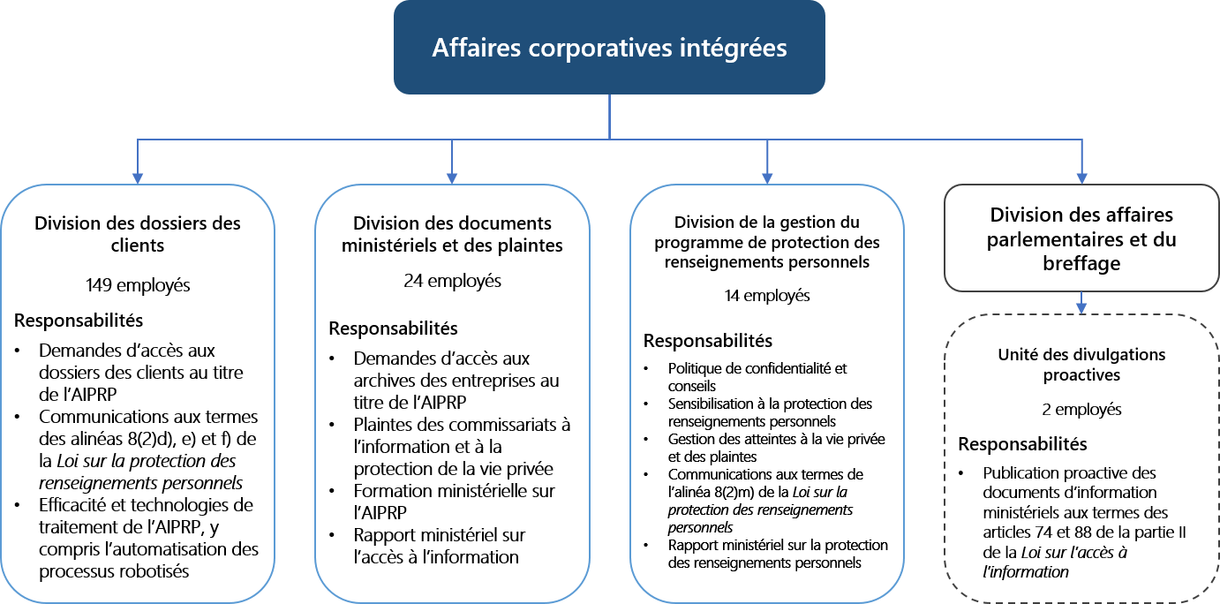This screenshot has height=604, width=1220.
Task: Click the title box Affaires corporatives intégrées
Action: pyautogui.click(x=609, y=48)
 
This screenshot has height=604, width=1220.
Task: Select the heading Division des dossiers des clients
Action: pyautogui.click(x=137, y=233)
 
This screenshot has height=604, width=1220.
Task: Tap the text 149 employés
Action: pyautogui.click(x=137, y=285)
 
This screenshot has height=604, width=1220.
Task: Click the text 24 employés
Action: pyautogui.click(x=452, y=282)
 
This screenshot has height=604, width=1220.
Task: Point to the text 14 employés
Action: pyautogui.click(x=766, y=296)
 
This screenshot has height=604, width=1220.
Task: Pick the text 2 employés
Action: pyautogui.click(x=1082, y=409)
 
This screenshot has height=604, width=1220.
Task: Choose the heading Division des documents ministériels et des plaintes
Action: pyautogui.click(x=452, y=234)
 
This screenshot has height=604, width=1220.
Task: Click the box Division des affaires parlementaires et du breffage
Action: pyautogui.click(x=1082, y=238)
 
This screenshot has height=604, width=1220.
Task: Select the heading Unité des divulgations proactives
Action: pyautogui.click(x=1082, y=365)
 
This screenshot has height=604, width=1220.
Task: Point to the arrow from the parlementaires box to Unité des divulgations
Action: pyautogui.click(x=1082, y=305)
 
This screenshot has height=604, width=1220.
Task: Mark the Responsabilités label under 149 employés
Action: pyautogui.click(x=78, y=320)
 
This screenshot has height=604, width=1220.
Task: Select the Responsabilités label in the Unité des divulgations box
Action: pyautogui.click(x=1022, y=444)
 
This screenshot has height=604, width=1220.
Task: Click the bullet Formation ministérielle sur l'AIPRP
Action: pyautogui.click(x=454, y=502)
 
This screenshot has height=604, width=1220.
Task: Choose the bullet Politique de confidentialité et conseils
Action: pyautogui.click(x=757, y=377)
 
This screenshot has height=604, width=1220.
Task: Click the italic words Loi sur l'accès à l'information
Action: pyautogui.click(x=1056, y=562)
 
